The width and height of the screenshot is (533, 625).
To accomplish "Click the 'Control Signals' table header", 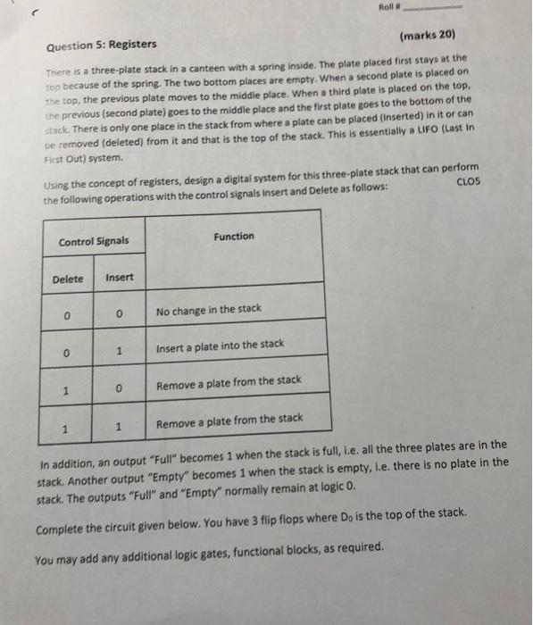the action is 93,241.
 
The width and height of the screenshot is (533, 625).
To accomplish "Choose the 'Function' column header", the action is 234,236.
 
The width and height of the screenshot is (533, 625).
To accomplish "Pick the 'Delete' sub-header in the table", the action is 68,279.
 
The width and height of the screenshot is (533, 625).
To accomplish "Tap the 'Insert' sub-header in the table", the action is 120,278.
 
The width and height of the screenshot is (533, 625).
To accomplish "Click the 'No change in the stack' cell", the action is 208,309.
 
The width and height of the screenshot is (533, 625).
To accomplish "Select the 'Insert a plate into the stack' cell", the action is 220,345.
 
